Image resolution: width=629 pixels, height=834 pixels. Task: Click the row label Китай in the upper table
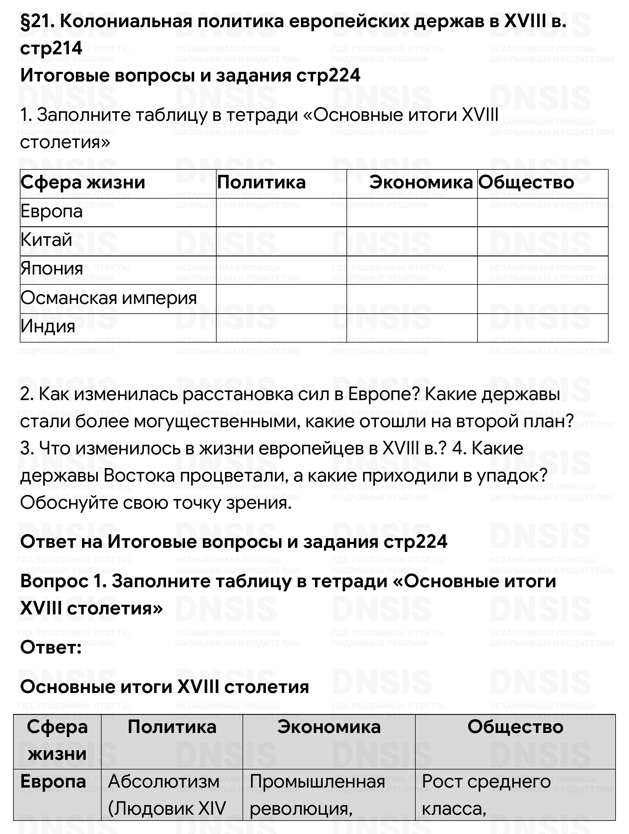46,240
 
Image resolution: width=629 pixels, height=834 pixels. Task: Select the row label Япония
52,269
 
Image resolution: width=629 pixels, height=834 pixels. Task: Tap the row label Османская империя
109,298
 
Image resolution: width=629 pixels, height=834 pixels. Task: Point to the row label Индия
48,327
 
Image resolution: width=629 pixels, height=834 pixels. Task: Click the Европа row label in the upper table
51,211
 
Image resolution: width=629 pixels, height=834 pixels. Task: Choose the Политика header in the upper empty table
261,183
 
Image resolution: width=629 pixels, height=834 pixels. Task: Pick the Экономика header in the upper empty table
421,183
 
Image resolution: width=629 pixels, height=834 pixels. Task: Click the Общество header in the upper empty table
526,183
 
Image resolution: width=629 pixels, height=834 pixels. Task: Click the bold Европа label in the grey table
53,781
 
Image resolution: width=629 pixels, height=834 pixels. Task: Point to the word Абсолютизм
163,781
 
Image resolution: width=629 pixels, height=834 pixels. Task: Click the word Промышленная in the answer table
317,781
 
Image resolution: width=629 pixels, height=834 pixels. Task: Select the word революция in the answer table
301,808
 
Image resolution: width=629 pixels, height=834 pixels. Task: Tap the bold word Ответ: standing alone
51,647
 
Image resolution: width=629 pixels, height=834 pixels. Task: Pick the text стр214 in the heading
51,48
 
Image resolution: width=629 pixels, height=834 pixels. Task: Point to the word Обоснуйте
69,503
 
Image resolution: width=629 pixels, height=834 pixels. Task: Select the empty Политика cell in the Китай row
281,241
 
